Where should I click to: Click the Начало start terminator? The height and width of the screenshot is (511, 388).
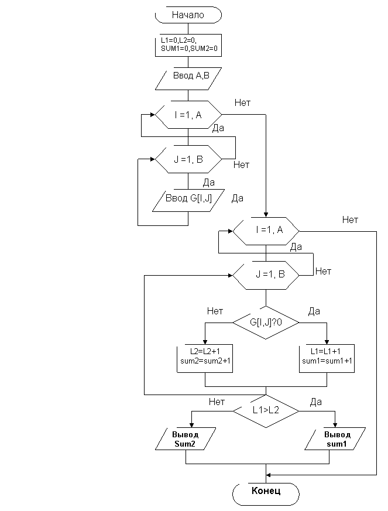(188, 15)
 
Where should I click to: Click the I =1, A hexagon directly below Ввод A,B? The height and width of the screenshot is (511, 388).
(188, 115)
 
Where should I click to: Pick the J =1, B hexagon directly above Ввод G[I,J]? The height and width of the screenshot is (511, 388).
(188, 159)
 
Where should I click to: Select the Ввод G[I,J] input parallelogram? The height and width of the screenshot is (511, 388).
(188, 199)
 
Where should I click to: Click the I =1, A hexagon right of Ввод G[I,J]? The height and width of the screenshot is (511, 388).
(266, 231)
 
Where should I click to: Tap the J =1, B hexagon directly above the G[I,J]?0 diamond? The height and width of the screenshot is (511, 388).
(266, 274)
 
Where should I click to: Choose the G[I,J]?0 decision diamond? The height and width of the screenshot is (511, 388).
(266, 322)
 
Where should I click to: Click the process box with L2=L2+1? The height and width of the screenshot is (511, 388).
(205, 356)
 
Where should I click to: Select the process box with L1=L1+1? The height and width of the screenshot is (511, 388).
(328, 356)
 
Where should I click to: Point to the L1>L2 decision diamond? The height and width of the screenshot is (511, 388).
(266, 410)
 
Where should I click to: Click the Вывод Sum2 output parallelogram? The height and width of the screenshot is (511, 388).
(186, 439)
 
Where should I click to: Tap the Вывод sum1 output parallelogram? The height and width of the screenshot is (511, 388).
(336, 439)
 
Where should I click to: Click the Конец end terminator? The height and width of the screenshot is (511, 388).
(266, 491)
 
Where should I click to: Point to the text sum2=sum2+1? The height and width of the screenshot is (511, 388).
(205, 361)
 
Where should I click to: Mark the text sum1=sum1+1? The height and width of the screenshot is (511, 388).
(328, 361)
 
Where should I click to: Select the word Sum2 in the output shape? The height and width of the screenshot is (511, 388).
(185, 444)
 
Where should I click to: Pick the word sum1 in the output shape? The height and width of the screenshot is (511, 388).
(337, 444)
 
